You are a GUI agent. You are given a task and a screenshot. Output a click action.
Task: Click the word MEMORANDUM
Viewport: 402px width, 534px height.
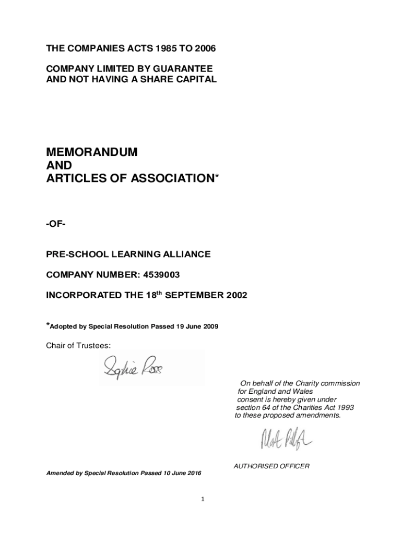pyautogui.click(x=92, y=152)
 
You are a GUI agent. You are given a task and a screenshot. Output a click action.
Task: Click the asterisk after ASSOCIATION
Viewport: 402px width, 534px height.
pyautogui.click(x=217, y=177)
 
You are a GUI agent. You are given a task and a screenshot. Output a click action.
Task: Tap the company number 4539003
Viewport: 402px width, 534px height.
pyautogui.click(x=163, y=274)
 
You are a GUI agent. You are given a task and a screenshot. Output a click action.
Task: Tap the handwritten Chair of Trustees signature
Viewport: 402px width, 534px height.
pyautogui.click(x=133, y=367)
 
